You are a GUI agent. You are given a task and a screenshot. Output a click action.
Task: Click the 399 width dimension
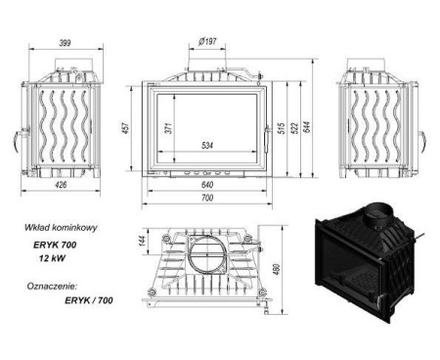click(x=65, y=43)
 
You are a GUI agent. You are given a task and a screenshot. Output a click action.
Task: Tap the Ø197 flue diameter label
click(x=207, y=41)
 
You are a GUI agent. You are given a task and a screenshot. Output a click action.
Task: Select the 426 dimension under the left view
click(x=61, y=185)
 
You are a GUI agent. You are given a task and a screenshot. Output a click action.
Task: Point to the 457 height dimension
click(x=125, y=127)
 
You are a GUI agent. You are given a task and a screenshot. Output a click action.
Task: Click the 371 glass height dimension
click(x=168, y=127)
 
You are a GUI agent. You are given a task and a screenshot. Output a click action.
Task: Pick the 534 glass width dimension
click(x=207, y=145)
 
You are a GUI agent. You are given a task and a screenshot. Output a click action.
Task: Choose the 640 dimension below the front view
click(x=207, y=185)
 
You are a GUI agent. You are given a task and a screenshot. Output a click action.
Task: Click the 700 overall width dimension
click(x=207, y=198)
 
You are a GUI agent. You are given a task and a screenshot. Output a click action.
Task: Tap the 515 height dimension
click(x=282, y=127)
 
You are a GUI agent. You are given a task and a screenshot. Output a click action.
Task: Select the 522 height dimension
click(x=294, y=127)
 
